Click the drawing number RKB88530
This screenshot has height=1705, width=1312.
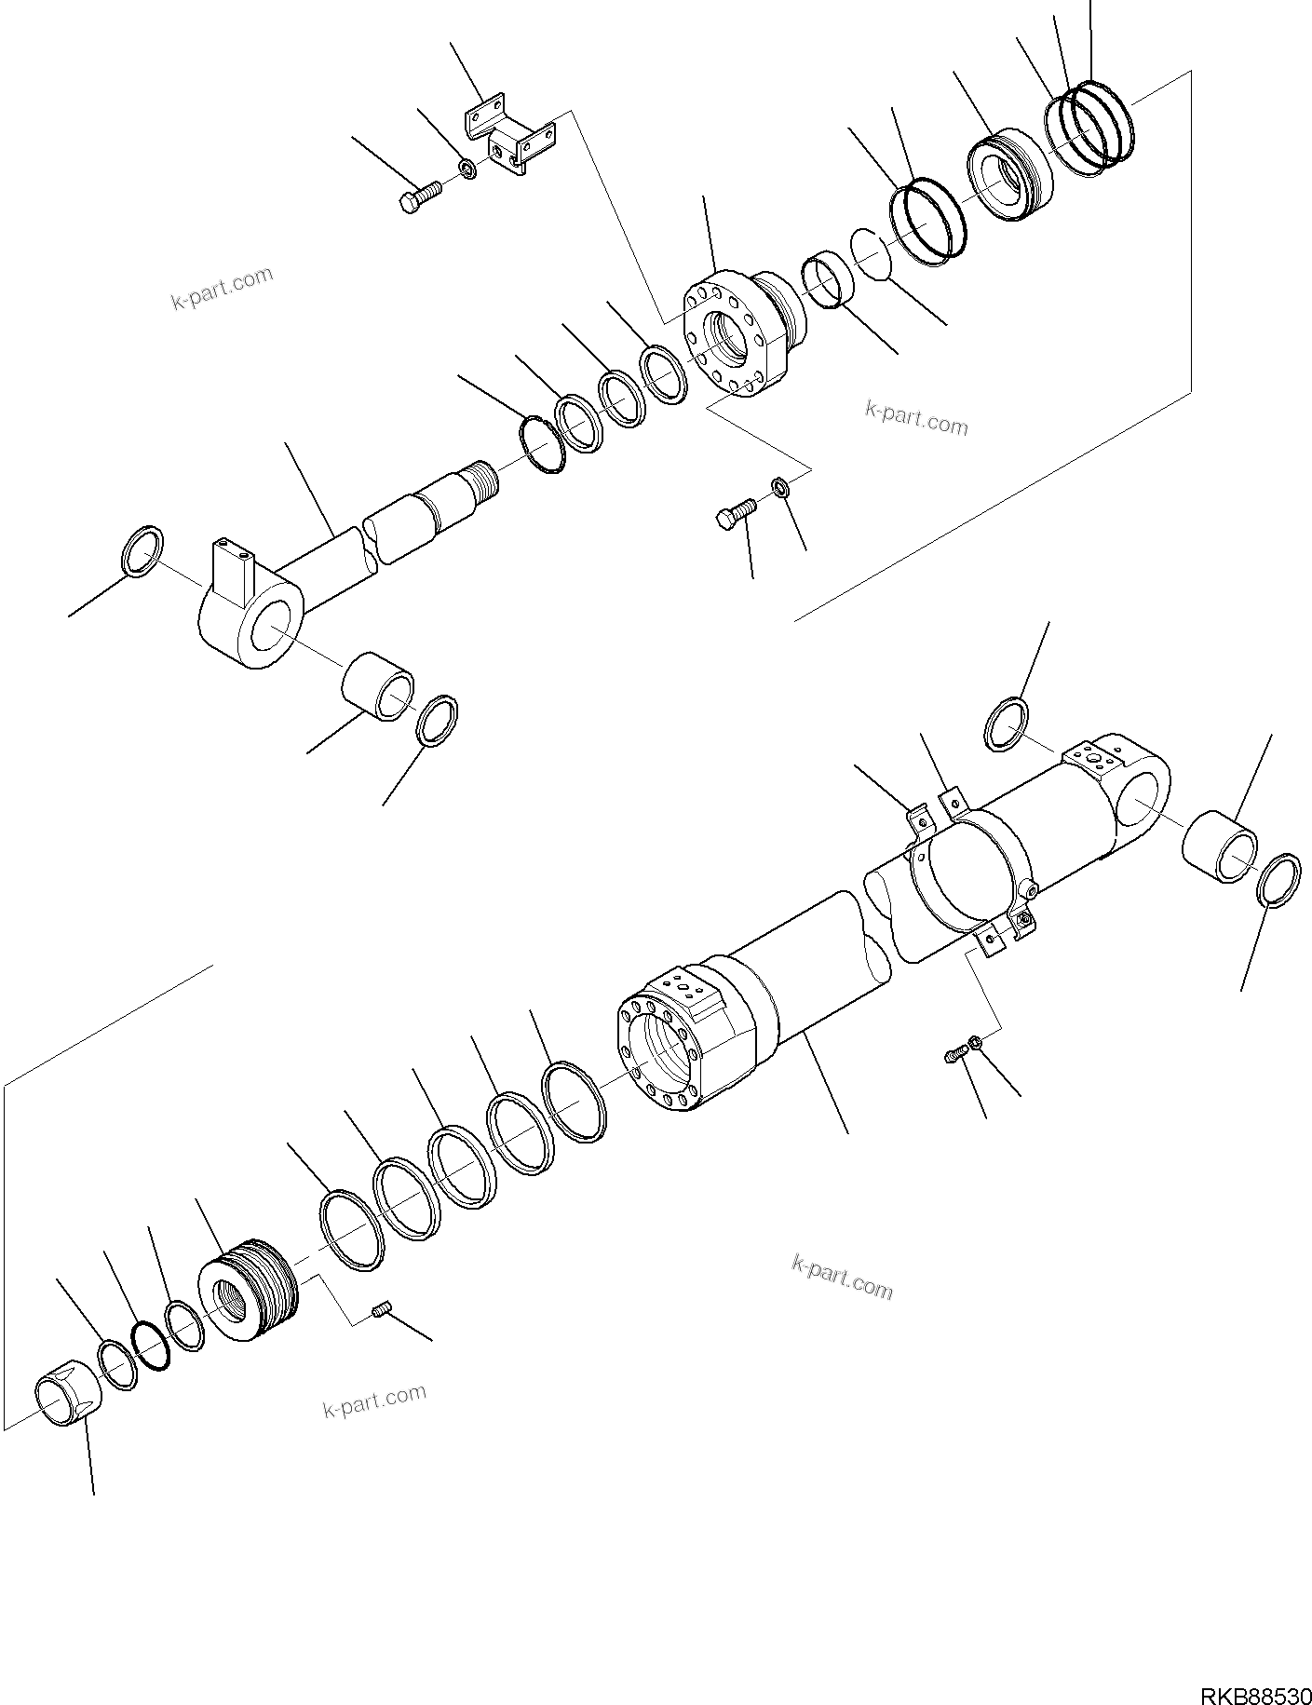coord(1256,1686)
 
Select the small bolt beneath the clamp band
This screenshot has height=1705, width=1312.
coord(954,1055)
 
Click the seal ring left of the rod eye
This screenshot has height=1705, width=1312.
coord(142,551)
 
